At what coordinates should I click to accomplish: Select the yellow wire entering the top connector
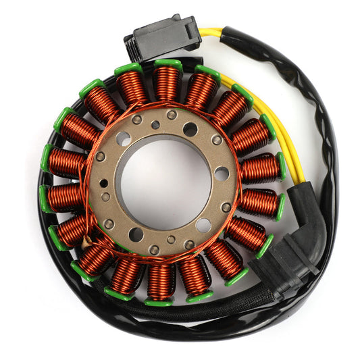click(210, 32)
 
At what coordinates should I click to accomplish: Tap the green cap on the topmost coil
click(168, 64)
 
